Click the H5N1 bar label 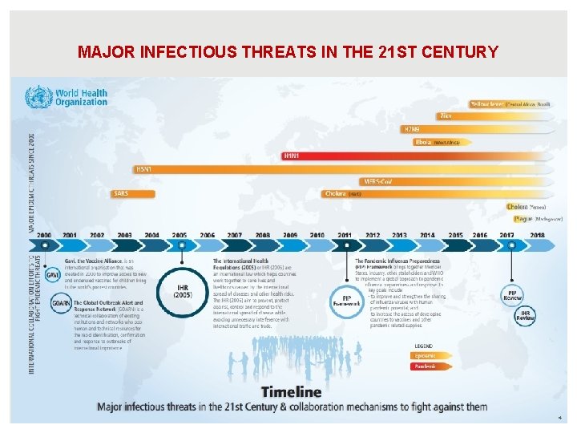(x=145, y=169)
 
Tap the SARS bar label (x=121, y=193)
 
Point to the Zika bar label (x=445, y=116)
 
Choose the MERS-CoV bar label (x=377, y=181)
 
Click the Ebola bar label (x=424, y=142)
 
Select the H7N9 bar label (x=412, y=129)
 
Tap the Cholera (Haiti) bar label (x=335, y=193)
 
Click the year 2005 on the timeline (x=180, y=235)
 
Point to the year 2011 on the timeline (x=344, y=235)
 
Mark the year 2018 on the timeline (x=536, y=235)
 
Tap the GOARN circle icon (x=61, y=303)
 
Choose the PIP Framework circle (x=343, y=300)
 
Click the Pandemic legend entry (x=425, y=366)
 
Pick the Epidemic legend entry (x=424, y=354)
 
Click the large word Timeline (x=292, y=392)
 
